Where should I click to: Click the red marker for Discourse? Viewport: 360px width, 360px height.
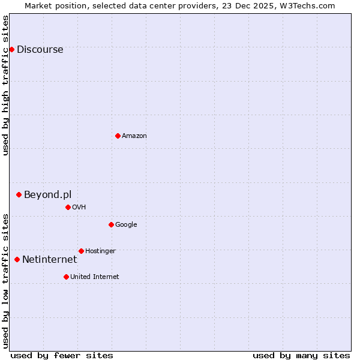click(x=11, y=49)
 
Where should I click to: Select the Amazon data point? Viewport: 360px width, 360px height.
click(x=118, y=136)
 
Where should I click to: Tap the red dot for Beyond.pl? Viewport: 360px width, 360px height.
click(x=19, y=194)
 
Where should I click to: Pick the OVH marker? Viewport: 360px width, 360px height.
click(x=68, y=207)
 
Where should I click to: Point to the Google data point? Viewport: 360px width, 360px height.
click(x=111, y=224)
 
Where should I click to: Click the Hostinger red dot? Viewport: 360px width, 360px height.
click(x=81, y=251)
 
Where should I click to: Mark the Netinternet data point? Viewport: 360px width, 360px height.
click(x=17, y=259)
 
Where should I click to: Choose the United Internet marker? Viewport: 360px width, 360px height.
click(x=66, y=277)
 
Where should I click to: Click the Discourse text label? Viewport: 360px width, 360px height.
click(x=40, y=50)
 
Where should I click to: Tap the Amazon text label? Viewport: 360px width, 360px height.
click(x=134, y=136)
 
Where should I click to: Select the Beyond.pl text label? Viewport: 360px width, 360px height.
click(x=47, y=195)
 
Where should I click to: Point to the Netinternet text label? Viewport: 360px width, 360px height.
click(x=49, y=260)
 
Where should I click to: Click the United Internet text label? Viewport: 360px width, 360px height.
click(x=95, y=277)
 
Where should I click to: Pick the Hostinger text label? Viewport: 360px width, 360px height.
click(x=100, y=251)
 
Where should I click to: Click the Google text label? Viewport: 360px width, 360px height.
click(x=126, y=225)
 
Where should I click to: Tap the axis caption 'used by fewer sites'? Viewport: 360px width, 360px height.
click(x=62, y=355)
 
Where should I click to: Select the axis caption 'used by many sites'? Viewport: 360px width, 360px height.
click(x=301, y=355)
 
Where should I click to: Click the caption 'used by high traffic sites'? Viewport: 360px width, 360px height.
click(x=5, y=85)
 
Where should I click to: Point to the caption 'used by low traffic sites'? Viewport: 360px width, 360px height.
click(x=5, y=281)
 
